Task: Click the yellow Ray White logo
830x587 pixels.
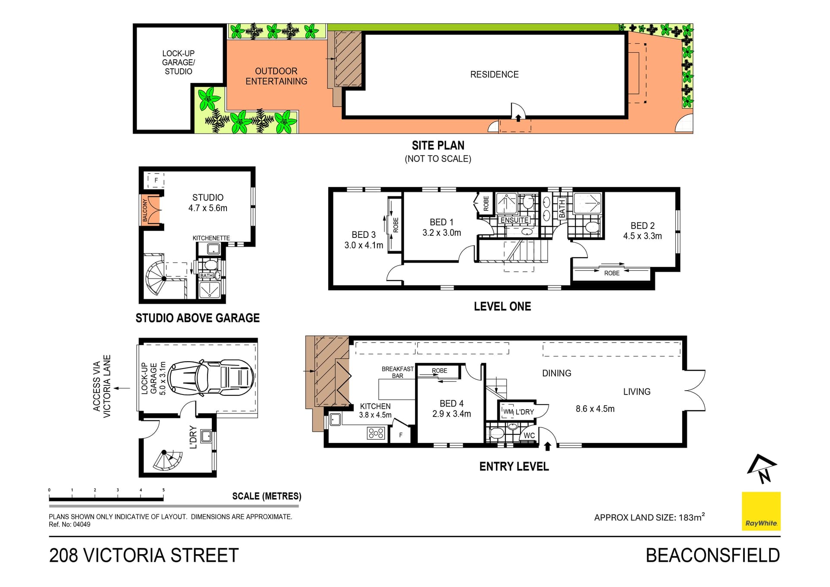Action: (x=761, y=511)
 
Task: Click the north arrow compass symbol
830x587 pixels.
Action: (x=762, y=468)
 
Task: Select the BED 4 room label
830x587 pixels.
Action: (x=451, y=404)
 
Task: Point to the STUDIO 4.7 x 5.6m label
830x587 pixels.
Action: (x=207, y=202)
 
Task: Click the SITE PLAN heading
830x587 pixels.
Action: (x=438, y=145)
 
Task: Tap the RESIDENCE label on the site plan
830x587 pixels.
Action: (x=494, y=74)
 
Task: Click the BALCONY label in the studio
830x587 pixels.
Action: (x=145, y=210)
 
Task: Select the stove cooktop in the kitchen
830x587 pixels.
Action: (x=375, y=433)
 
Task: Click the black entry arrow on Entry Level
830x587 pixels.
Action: (x=548, y=446)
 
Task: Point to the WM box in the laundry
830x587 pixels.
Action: (x=508, y=411)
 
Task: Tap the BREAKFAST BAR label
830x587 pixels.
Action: (x=397, y=372)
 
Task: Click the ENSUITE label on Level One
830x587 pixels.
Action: (x=514, y=220)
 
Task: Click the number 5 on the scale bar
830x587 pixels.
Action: (x=163, y=490)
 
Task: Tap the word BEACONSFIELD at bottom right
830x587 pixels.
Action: (x=713, y=555)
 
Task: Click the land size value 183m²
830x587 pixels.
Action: (x=692, y=517)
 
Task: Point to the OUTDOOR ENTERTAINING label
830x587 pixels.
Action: (x=276, y=76)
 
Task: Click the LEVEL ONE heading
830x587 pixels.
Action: (x=502, y=306)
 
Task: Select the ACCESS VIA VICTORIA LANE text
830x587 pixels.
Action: (x=102, y=386)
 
